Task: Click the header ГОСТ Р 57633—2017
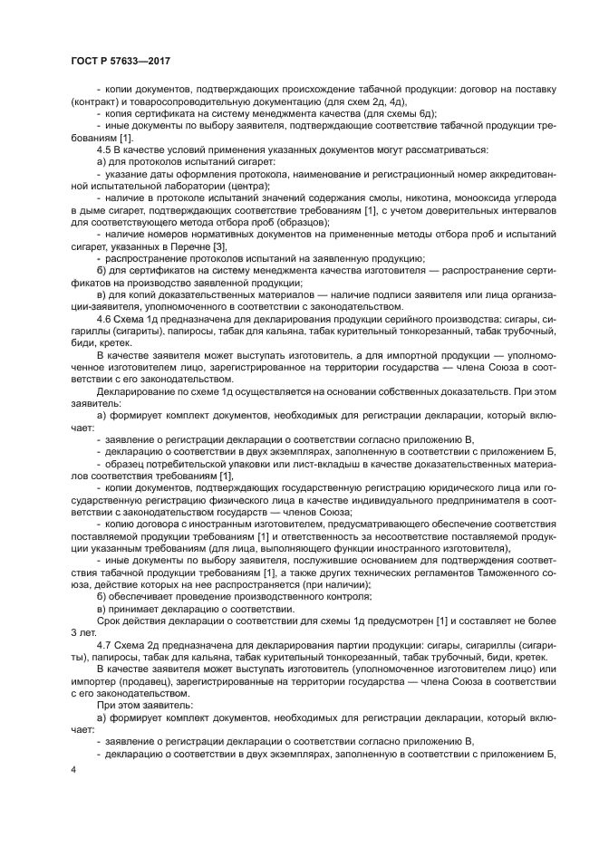pos(121,60)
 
